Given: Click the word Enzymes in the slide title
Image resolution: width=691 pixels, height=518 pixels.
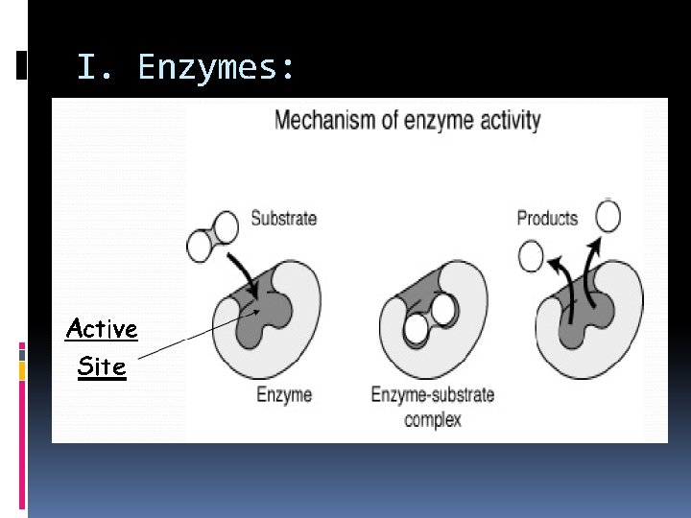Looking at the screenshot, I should (219, 67).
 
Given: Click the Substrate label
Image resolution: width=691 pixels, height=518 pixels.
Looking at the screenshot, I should (283, 219).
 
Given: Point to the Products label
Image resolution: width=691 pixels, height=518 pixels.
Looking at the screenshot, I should (547, 219).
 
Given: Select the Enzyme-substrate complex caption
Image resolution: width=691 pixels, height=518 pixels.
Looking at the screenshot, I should (432, 406).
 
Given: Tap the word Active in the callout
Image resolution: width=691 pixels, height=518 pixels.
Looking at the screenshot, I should (102, 329).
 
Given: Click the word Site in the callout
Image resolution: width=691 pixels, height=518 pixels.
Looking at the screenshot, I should (102, 366).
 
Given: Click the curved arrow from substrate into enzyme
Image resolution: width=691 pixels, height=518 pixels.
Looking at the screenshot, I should (247, 270).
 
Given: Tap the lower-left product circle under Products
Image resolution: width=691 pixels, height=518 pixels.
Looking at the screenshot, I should (531, 255).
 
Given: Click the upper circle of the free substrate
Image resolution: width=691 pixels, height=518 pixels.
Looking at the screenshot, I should (226, 227).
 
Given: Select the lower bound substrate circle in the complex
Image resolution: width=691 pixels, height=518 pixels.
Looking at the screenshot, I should (416, 329).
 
